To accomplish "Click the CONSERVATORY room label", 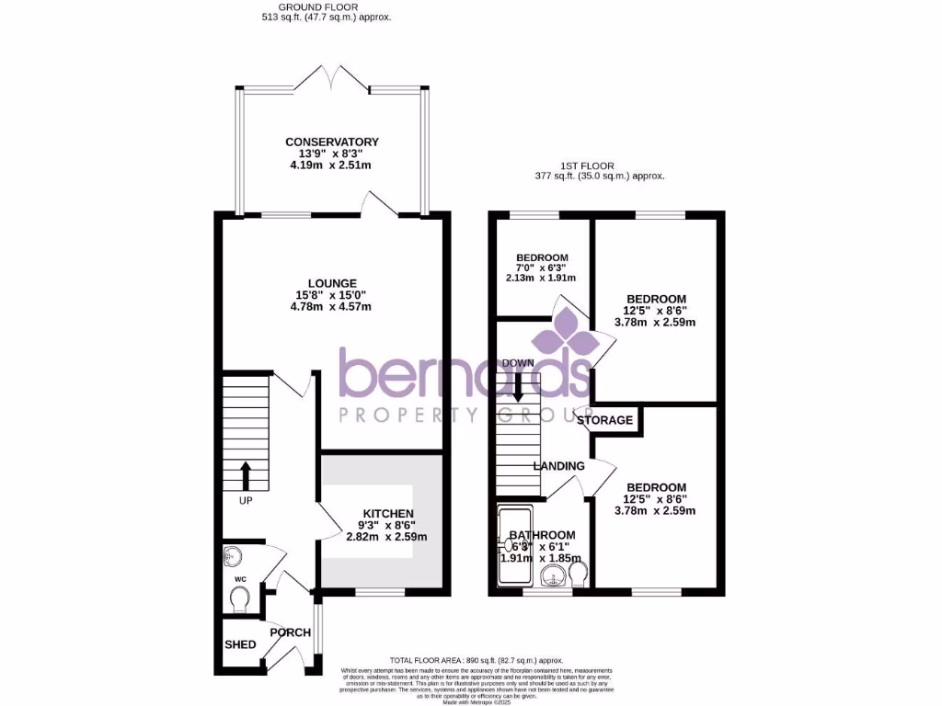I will point(331,142).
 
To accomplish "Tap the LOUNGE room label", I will point(332,282).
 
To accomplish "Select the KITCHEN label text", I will point(387,513).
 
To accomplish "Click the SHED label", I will point(241,644).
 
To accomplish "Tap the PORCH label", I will point(290,632).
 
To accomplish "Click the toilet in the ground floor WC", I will point(241,599).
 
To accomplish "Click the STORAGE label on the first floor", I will point(606,420).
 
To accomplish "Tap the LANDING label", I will point(559,466).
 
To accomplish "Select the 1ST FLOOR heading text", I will point(600,166).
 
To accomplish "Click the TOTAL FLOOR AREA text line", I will point(475,660).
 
